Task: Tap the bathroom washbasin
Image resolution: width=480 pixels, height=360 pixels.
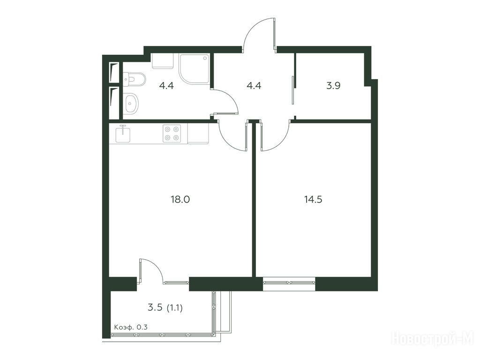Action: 132,103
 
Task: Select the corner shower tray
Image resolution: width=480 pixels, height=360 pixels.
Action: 195,69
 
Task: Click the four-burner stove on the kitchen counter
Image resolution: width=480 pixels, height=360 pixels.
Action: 172,134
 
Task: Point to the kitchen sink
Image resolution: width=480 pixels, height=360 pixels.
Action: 123,134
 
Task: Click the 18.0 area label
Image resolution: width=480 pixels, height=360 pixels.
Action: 180,200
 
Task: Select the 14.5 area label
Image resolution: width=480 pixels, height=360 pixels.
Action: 313,200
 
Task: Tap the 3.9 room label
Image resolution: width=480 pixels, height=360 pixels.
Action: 333,85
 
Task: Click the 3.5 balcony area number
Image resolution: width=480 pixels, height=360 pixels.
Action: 155,307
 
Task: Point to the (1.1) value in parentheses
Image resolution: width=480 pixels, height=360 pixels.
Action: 174,307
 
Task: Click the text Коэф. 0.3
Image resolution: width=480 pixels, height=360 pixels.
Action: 131,327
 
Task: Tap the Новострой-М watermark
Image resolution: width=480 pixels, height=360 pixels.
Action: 432,338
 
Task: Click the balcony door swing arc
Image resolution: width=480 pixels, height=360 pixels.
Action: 156,265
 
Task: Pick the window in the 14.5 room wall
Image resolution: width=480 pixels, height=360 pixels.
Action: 289,284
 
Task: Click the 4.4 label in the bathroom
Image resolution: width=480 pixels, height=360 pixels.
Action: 166,85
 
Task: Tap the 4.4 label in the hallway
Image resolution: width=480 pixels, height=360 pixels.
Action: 254,85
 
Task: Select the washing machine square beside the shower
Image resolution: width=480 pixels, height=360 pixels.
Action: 163,61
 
